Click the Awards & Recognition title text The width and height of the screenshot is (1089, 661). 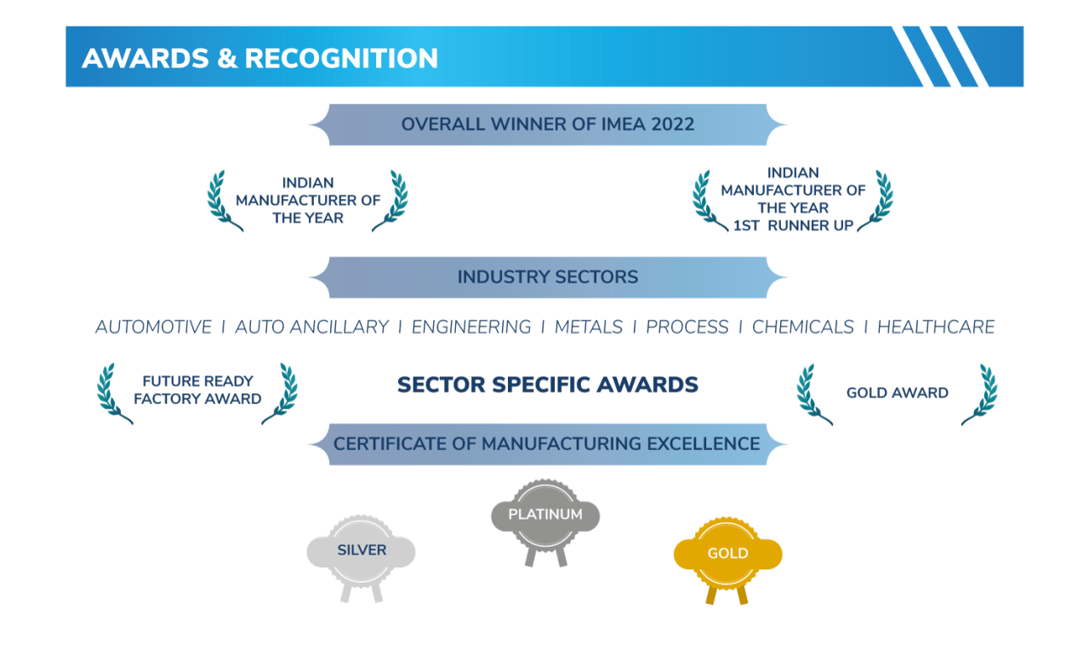pyautogui.click(x=259, y=59)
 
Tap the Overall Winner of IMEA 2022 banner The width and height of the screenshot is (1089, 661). pyautogui.click(x=548, y=125)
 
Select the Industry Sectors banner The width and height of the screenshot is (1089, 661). pyautogui.click(x=548, y=277)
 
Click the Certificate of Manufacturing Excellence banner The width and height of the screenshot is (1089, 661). pyautogui.click(x=548, y=444)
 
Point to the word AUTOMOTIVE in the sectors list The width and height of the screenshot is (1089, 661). pyautogui.click(x=153, y=328)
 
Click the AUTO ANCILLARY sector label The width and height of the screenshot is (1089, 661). pyautogui.click(x=311, y=328)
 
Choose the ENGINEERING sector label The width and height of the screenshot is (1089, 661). pyautogui.click(x=471, y=328)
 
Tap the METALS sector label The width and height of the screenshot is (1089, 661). pyautogui.click(x=589, y=328)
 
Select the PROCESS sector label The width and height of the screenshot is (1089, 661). pyautogui.click(x=687, y=328)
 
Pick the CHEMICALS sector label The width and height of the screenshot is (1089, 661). pyautogui.click(x=803, y=328)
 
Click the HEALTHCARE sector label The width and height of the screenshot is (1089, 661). pyautogui.click(x=936, y=328)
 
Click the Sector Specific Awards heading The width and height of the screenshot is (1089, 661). pyautogui.click(x=548, y=385)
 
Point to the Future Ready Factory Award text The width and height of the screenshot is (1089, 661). pyautogui.click(x=197, y=390)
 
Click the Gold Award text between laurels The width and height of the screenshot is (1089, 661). pyautogui.click(x=897, y=393)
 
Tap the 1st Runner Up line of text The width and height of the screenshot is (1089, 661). pyautogui.click(x=793, y=226)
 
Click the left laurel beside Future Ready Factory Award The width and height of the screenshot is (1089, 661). pyautogui.click(x=113, y=393)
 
